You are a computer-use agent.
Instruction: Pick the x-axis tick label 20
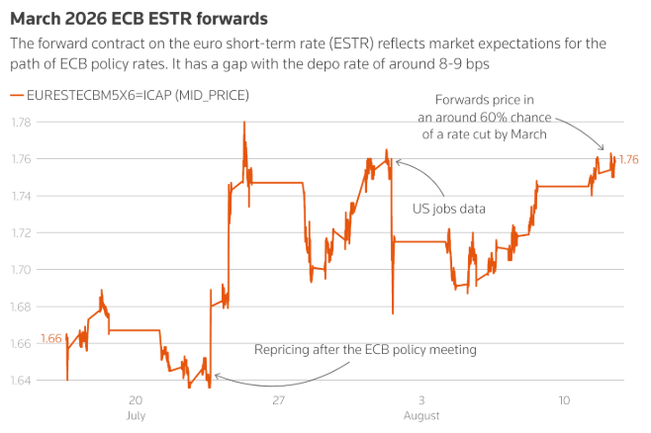pos(137,400)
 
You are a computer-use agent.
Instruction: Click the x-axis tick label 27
pos(278,400)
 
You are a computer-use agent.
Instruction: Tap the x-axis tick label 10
pos(563,400)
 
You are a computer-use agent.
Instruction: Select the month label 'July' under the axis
pos(137,416)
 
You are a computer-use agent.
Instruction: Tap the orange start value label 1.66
pos(51,339)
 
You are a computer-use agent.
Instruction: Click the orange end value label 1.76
pos(628,159)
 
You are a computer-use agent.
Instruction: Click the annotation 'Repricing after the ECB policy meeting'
pos(365,350)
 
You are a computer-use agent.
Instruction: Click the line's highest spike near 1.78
pos(243,123)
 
